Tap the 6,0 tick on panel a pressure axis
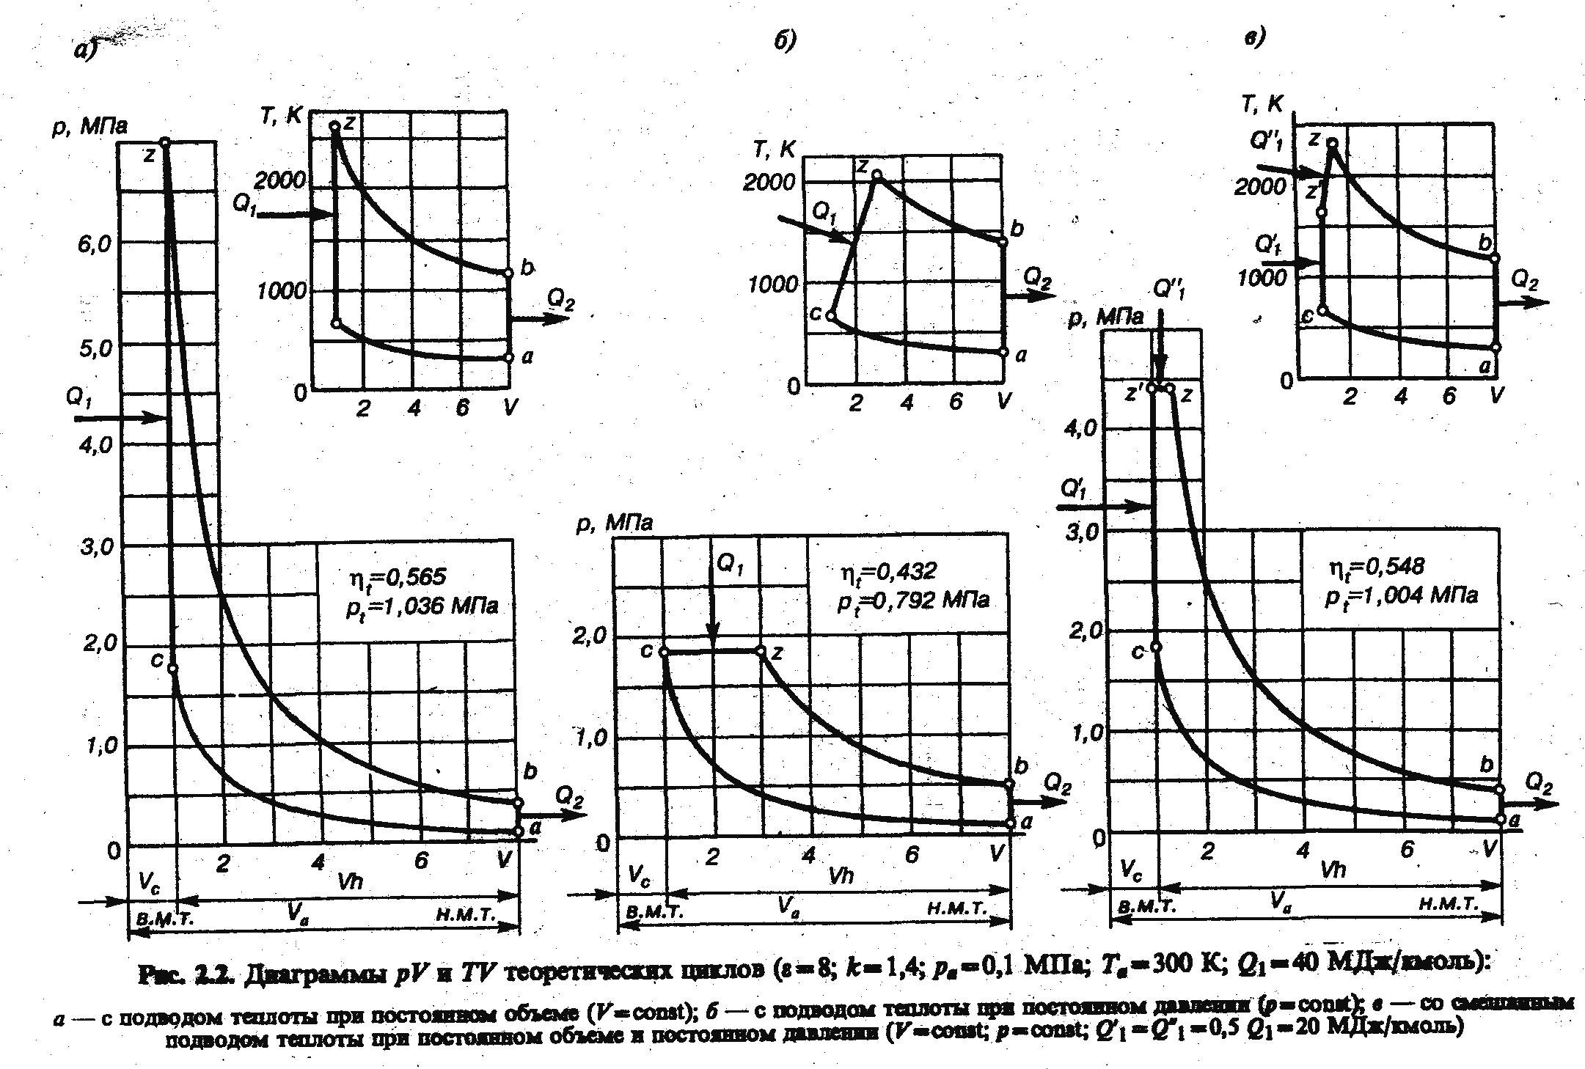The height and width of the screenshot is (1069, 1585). tap(95, 244)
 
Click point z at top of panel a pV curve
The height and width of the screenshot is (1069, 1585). tap(165, 142)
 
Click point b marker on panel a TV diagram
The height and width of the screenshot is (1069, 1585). tap(509, 273)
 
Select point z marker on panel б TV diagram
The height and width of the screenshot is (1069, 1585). tap(876, 175)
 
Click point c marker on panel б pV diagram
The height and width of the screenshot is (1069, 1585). tap(664, 652)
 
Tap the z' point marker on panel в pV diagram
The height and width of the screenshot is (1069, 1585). tap(1152, 387)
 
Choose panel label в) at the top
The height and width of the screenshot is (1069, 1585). tap(1256, 37)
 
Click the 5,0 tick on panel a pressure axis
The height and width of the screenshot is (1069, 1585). tap(95, 348)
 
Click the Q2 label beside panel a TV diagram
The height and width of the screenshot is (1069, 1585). tap(560, 298)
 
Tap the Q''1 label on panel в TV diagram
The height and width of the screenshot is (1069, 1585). tap(1267, 142)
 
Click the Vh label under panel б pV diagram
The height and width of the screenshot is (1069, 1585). tap(841, 875)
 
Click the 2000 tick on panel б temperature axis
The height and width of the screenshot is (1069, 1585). tap(769, 182)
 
